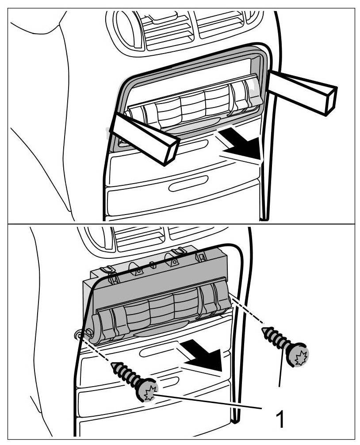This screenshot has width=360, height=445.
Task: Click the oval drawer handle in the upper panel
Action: point(188,183)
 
